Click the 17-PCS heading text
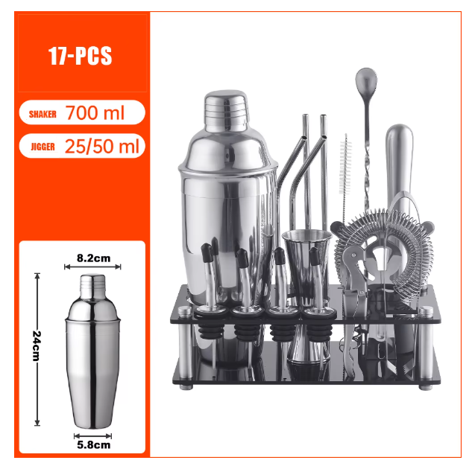(81, 56)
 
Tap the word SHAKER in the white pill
(43, 115)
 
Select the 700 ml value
(95, 113)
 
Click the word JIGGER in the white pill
(43, 147)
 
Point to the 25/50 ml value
(102, 146)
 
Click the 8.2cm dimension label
(93, 258)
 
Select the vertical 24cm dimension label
(37, 346)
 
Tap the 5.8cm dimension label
(94, 445)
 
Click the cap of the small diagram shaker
(92, 285)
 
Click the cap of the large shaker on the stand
(226, 110)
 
